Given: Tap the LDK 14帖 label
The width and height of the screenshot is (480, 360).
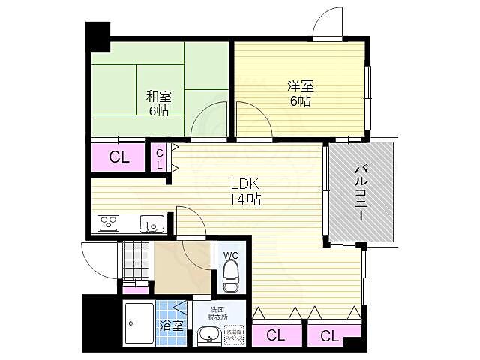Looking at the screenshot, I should pos(244,192).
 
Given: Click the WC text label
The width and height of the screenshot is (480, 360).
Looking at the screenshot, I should pos(230,254).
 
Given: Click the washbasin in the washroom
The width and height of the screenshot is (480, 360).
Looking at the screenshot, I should pos(209,335).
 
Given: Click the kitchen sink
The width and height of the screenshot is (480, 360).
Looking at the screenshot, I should pos(152,223).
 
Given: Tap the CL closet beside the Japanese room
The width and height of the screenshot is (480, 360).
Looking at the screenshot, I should pos(118,157).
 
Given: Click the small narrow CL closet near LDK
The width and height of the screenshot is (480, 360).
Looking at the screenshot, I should pos(160,158).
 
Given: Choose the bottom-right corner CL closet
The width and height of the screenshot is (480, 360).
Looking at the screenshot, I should pos(330,336).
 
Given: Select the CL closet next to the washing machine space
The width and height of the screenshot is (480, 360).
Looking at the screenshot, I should pos(275,336).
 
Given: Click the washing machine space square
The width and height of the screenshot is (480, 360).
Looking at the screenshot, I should pos(235,334).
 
